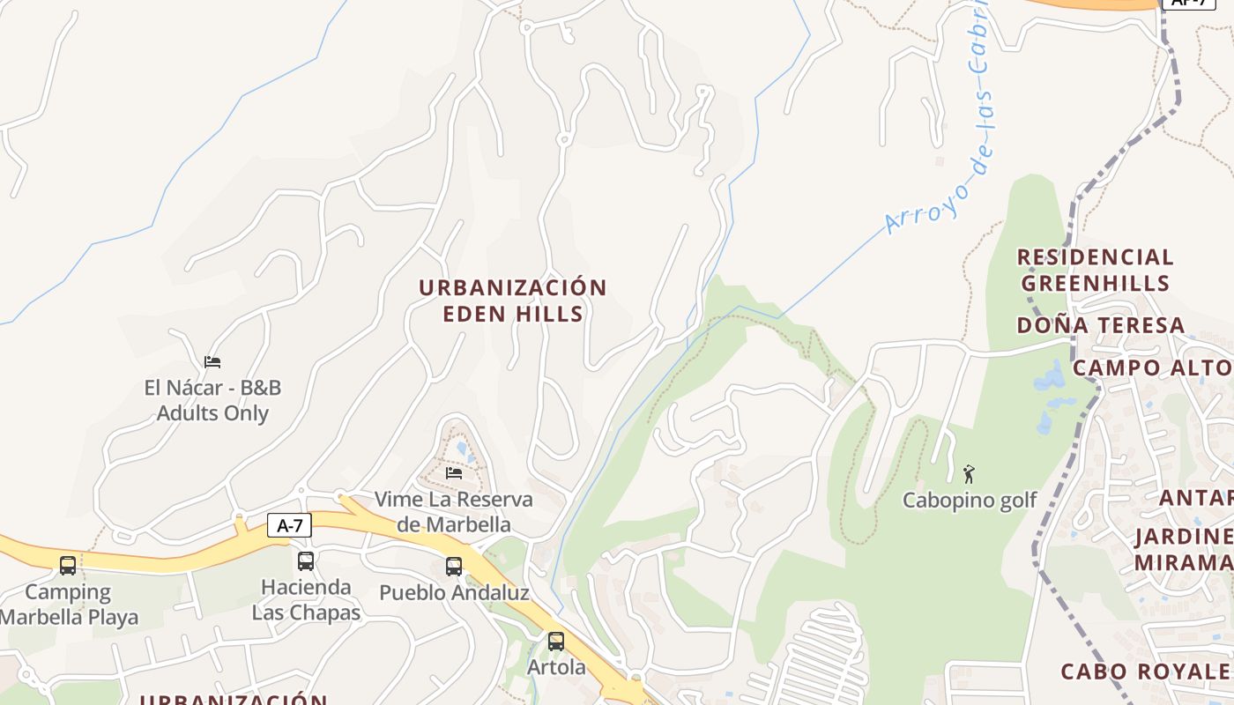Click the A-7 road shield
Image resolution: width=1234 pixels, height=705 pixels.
coord(289,526)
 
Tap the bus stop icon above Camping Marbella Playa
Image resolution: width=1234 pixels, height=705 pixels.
coord(68,566)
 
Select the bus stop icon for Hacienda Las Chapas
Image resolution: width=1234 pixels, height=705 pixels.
coord(306,560)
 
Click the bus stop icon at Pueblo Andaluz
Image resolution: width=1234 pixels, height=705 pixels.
coord(454,567)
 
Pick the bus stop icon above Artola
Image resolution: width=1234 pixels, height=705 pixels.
coord(555,642)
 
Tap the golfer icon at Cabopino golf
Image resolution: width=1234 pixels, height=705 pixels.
coord(970,474)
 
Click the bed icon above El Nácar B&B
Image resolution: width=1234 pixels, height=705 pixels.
coord(212,361)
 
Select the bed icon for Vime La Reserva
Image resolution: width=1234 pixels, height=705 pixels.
coord(454,473)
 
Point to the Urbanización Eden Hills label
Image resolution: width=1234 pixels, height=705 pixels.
coord(513,301)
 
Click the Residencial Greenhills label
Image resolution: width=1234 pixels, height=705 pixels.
coord(1096,270)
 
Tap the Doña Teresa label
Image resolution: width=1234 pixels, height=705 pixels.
coord(1101,325)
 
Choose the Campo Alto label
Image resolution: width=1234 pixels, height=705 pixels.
coord(1152,367)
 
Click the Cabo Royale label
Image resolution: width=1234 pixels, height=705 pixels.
coord(1146,672)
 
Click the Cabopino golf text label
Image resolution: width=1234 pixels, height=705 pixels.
coord(970,501)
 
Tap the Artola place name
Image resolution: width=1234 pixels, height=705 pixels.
coord(556,667)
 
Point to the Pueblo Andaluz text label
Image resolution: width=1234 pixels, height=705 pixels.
coord(454,592)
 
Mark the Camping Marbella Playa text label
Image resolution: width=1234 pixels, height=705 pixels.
coord(69,605)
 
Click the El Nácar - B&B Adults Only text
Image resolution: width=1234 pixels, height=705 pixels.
coord(212,400)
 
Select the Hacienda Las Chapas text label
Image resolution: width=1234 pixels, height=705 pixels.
coord(306,599)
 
